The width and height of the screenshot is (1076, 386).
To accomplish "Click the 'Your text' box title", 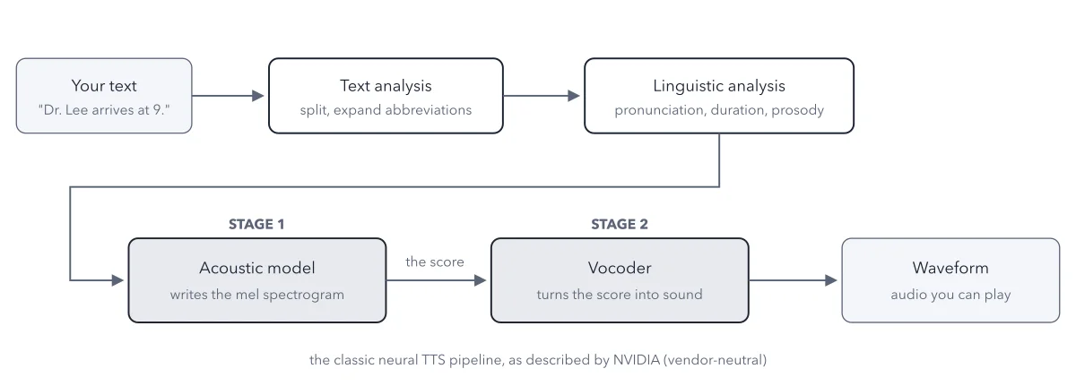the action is [104, 86].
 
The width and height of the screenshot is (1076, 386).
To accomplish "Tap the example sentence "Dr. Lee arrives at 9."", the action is [104, 110].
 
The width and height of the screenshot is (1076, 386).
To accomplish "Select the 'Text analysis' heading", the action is [386, 86].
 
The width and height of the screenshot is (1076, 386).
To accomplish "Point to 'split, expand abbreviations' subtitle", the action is [386, 110].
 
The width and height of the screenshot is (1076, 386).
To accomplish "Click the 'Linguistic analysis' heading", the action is [718, 86].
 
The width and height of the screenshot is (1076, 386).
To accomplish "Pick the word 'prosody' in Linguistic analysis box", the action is [797, 110].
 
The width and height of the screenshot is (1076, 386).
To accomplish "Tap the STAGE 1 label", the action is [256, 224].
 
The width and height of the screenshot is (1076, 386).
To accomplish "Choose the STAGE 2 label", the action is [620, 224].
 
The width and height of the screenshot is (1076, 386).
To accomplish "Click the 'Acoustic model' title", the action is [257, 268].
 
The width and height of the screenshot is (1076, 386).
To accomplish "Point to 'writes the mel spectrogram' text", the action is [257, 295].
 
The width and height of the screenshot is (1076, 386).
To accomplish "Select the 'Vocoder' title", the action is [620, 268].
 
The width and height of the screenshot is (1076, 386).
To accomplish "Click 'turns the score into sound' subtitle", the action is [620, 295].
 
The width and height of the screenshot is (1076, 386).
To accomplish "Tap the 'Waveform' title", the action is [950, 268].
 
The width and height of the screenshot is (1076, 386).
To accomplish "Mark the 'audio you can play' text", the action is [950, 295].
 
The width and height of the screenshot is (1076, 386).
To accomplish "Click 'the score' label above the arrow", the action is [435, 262].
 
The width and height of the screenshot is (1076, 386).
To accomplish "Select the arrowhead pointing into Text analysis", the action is [258, 96].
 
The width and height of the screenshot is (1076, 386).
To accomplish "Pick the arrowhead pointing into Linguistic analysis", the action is [574, 96].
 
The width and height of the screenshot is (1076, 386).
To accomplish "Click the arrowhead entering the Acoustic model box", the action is [117, 280].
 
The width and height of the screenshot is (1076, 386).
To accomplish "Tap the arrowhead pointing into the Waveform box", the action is [831, 280].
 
